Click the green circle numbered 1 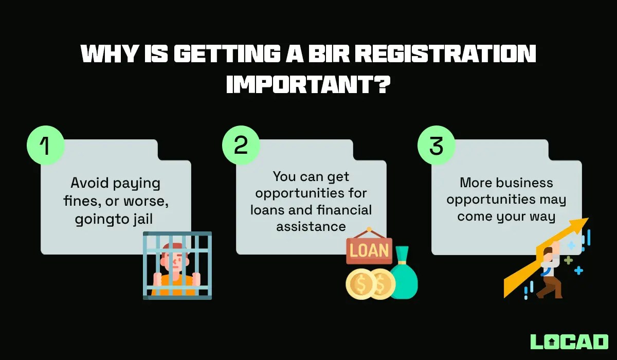point(46,146)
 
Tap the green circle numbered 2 point(241,146)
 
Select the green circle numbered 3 point(436,146)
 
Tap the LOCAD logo point(569,342)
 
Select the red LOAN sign point(369,250)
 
